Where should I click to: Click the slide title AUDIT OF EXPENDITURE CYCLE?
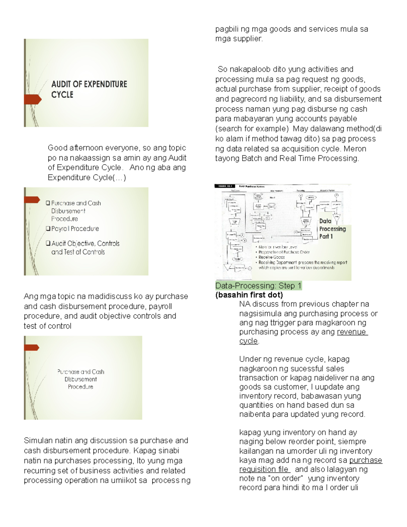(89, 89)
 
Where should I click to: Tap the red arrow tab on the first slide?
(33, 99)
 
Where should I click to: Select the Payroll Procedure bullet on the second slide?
(75, 229)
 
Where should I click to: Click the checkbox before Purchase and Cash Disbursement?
(48, 203)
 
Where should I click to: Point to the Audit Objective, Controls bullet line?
(85, 243)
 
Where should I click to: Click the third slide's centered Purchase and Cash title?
(81, 372)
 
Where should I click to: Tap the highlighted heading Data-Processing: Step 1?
(258, 286)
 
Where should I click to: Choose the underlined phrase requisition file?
(264, 469)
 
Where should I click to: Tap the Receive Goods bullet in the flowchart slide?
(271, 257)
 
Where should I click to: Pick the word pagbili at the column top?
(227, 29)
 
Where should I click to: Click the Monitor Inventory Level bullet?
(277, 247)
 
